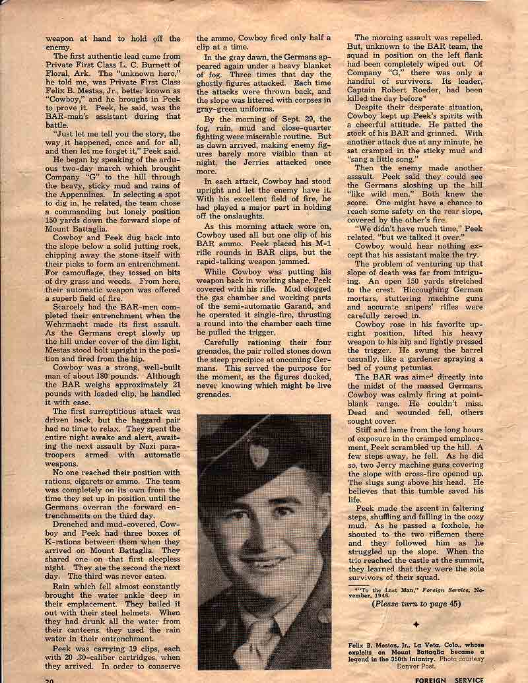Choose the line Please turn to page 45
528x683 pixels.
tap(416, 602)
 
